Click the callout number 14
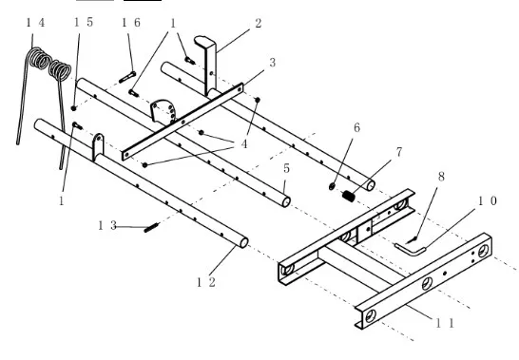point(35,23)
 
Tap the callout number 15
point(84,22)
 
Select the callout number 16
point(131,23)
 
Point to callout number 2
point(259,23)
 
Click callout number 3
point(273,62)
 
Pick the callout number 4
point(244,144)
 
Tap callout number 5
point(287,168)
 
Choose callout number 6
point(356,127)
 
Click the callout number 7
point(399,152)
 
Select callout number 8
point(441,177)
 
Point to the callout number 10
point(488,200)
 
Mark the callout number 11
point(445,323)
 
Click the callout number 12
point(206,282)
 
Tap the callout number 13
point(107,226)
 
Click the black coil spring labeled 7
point(349,197)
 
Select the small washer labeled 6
point(332,186)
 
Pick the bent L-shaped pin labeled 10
point(410,249)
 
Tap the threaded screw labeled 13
point(151,228)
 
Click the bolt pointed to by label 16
point(127,77)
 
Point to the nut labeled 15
point(74,108)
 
